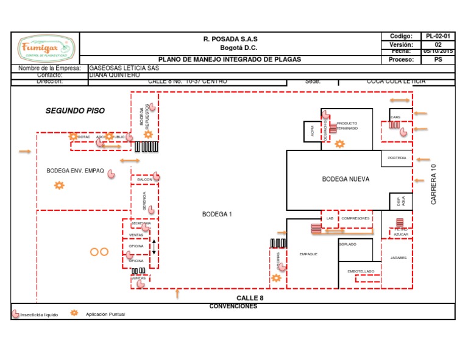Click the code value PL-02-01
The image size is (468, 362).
tap(438, 37)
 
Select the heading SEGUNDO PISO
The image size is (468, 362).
tap(75, 111)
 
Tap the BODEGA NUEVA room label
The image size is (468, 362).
tap(346, 179)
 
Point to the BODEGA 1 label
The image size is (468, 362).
tap(217, 215)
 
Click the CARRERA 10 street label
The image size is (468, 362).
tap(434, 184)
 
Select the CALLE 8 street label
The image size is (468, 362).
tap(250, 297)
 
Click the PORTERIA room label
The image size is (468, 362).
tap(397, 158)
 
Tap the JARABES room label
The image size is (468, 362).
tap(398, 258)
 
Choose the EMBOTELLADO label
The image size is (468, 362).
tap(360, 271)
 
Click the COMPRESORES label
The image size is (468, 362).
tap(355, 218)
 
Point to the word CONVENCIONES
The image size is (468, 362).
tap(233, 306)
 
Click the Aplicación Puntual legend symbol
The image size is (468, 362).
tap(74, 313)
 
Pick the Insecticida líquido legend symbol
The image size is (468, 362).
tap(16, 314)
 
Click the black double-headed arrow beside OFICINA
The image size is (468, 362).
tap(154, 246)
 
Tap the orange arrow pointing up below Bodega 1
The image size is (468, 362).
tap(177, 294)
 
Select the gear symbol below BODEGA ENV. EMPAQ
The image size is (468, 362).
tap(59, 185)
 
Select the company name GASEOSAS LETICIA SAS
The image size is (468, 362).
tap(119, 68)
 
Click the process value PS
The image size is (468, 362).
tap(438, 60)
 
